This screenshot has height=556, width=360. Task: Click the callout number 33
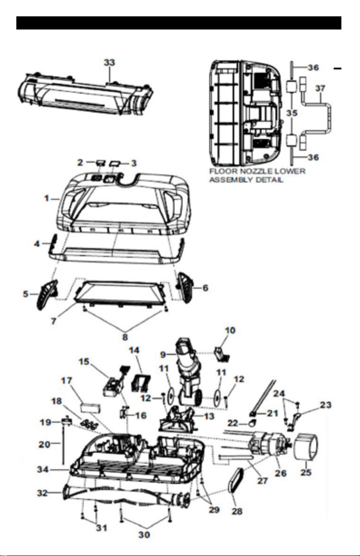click(109, 62)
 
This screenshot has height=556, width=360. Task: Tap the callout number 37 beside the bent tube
click(320, 88)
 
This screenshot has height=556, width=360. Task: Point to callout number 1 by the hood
click(46, 198)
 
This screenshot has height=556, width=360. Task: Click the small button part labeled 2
click(100, 163)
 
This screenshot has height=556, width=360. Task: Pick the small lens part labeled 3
click(115, 163)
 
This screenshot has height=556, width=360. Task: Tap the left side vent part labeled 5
click(47, 295)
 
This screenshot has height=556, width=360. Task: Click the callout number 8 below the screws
click(125, 337)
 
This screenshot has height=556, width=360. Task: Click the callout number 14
click(134, 350)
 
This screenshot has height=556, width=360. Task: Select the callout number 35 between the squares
click(292, 113)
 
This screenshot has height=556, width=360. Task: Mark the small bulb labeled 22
click(252, 423)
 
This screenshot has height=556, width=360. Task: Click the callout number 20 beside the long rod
click(44, 444)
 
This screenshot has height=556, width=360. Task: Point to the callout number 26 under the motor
click(281, 473)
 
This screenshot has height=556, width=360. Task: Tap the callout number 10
click(230, 330)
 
